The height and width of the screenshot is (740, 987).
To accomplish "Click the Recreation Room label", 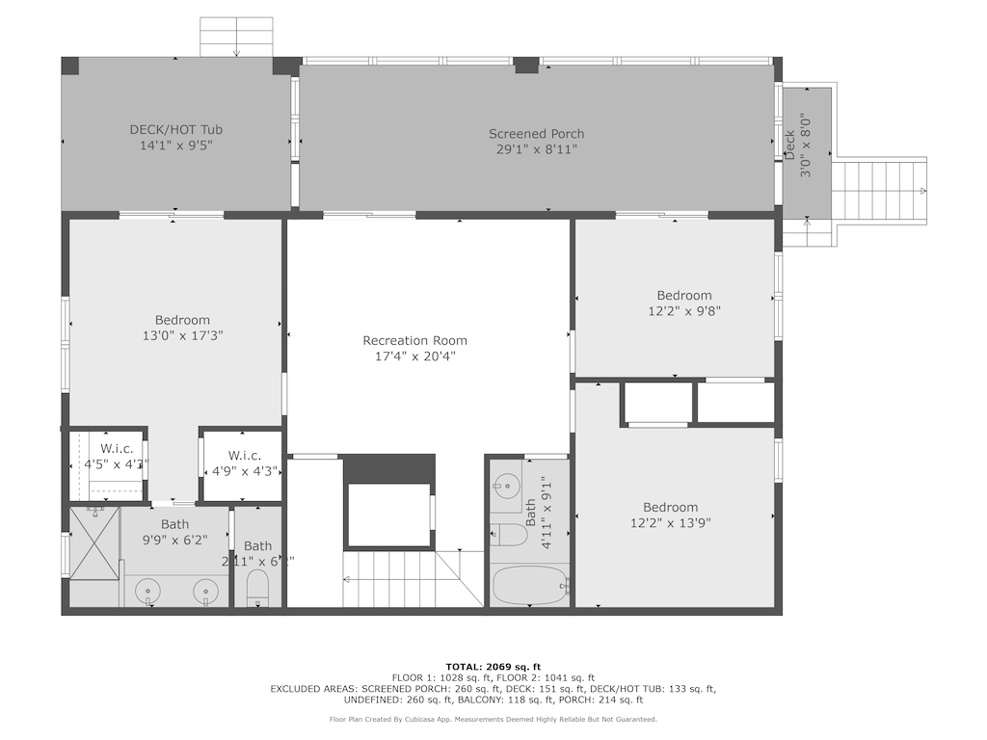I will pyautogui.click(x=414, y=340).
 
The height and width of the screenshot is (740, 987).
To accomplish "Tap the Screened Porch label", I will pyautogui.click(x=536, y=134).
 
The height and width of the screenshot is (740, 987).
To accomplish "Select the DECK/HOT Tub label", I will pyautogui.click(x=176, y=129).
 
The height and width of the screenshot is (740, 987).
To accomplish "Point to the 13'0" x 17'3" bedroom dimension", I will pyautogui.click(x=182, y=336).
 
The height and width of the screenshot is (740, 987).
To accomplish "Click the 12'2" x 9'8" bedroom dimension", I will pyautogui.click(x=683, y=311).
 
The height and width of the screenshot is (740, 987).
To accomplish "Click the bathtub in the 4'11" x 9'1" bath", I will pyautogui.click(x=529, y=585).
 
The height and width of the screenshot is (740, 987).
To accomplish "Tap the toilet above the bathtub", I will pyautogui.click(x=508, y=534).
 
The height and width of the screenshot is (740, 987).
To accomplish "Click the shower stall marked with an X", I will pyautogui.click(x=93, y=543).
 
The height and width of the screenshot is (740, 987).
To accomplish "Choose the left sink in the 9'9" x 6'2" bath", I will pyautogui.click(x=148, y=590).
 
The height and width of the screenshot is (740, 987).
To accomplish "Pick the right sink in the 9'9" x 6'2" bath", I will pyautogui.click(x=205, y=590).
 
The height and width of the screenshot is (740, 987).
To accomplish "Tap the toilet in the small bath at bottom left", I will pyautogui.click(x=257, y=587).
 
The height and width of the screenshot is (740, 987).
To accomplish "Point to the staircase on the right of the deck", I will pyautogui.click(x=878, y=190).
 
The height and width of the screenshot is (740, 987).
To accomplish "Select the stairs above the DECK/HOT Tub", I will pyautogui.click(x=236, y=38).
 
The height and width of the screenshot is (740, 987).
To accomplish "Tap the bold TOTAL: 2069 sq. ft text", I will pyautogui.click(x=493, y=667).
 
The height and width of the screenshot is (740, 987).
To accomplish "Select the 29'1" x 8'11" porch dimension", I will pyautogui.click(x=536, y=149).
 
